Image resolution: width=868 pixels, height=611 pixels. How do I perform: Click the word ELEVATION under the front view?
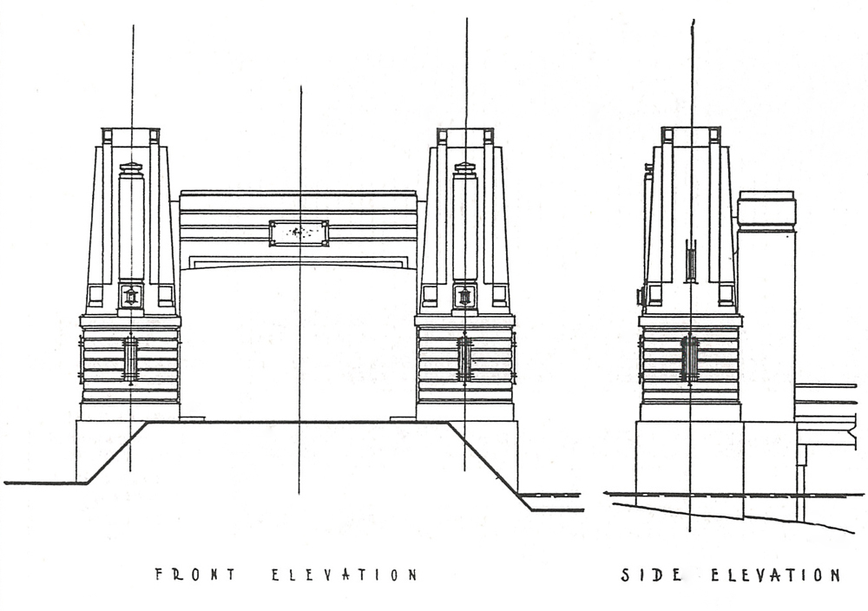[345, 575]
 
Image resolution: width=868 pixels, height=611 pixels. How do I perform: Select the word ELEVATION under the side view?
[775, 575]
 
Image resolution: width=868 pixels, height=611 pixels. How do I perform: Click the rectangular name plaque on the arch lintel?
[299, 233]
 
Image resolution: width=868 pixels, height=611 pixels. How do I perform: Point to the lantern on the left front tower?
[131, 297]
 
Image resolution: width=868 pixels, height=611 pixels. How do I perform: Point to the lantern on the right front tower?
[464, 297]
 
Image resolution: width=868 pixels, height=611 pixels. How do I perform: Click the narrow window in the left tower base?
[130, 358]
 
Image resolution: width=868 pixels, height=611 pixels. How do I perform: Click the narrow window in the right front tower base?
[464, 358]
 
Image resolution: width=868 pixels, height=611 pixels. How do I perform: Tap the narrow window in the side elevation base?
[689, 358]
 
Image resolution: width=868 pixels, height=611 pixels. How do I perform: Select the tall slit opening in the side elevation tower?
[691, 261]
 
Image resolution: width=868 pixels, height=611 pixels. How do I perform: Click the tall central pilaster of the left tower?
[131, 221]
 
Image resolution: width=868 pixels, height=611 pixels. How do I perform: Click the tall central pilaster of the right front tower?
[464, 221]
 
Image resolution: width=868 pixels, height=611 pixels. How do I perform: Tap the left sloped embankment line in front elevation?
[116, 452]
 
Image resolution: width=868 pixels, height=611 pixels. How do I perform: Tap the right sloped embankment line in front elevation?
[486, 460]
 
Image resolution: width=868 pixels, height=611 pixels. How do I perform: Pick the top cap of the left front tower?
[131, 136]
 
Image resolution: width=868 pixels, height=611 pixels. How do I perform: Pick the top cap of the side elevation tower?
[691, 136]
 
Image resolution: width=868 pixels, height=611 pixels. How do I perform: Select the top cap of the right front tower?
[465, 136]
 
